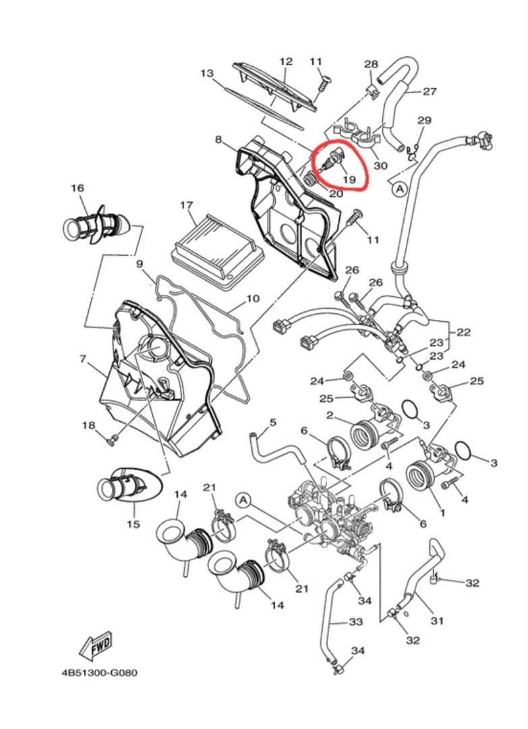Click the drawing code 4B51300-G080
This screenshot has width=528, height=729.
pos(99,673)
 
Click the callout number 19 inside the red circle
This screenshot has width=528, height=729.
pos(349,180)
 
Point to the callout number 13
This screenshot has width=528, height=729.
pos(207,74)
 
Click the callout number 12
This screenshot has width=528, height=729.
pos(286,61)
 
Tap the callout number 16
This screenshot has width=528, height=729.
pos(78,188)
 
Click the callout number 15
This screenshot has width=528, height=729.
pos(134,524)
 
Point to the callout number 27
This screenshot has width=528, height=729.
pos(430,91)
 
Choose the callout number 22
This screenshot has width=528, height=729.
pos(463,332)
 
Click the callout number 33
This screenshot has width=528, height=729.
pos(355,622)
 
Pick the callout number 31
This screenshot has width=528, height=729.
pos(436,620)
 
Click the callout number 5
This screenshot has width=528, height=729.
pos(272,422)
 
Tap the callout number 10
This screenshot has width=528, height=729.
pos(252,298)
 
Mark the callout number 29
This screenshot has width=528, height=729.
pos(424,120)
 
